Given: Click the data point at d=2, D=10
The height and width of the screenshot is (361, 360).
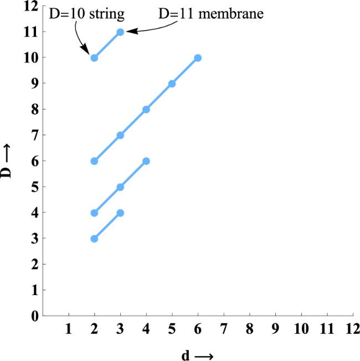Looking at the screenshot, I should point(94,58).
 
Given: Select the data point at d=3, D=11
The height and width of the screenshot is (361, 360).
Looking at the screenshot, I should point(120,32).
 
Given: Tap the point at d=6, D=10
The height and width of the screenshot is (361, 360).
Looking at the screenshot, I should point(198,58).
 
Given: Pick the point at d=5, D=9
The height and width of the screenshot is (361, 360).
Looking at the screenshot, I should point(172,84).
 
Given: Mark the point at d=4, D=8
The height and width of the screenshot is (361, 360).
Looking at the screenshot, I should point(146,110).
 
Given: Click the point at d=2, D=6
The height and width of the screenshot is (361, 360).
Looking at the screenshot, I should point(94,161).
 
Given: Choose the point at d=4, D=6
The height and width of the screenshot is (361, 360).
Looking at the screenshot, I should point(146,161).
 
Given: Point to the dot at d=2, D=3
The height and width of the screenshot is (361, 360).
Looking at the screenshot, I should point(94,239).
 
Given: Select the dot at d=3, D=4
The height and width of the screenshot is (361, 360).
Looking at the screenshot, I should point(120,213).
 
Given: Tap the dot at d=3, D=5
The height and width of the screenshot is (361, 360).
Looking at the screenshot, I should point(120,187).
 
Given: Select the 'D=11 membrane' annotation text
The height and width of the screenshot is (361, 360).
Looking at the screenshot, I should point(210,12).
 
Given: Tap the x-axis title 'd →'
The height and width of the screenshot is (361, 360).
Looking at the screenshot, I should point(197,353).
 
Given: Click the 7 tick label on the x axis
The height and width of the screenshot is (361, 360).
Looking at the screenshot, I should point(224,329).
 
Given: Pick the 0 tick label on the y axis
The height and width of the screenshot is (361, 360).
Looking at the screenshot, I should point(34,316).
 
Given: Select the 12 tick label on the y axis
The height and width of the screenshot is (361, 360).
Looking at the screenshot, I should point(32,7).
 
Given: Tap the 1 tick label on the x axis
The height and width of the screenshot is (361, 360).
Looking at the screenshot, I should point(69,329).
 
